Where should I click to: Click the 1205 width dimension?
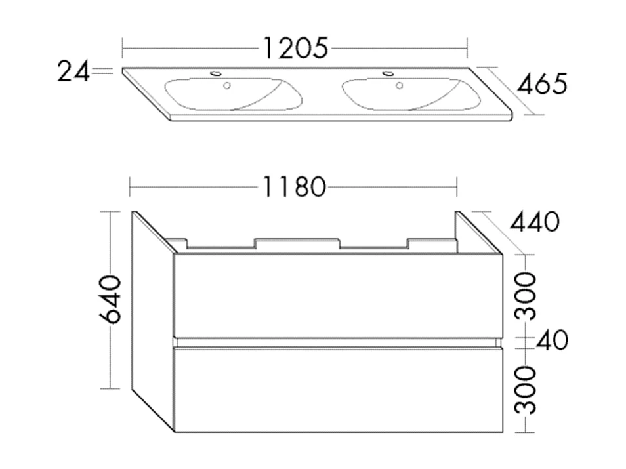[x=295, y=48]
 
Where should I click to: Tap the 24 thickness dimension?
[x=73, y=71]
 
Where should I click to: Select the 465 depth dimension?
[x=541, y=84]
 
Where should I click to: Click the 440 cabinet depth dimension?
[x=535, y=222]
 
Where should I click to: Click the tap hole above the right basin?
[x=386, y=73]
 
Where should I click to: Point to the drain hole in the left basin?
[x=227, y=85]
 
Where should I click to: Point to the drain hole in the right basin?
[x=398, y=85]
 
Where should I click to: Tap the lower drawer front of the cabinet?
[x=337, y=388]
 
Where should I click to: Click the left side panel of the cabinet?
[x=152, y=321]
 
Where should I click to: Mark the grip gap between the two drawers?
[x=337, y=342]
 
